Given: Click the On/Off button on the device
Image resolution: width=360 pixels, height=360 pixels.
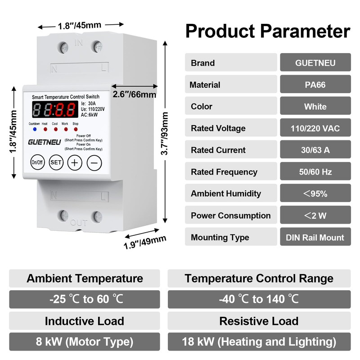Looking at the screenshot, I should [x=36, y=162].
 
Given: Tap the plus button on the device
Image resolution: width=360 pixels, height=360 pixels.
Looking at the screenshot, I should [x=74, y=162].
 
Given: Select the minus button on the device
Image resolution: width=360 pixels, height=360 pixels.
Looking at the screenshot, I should [x=94, y=162].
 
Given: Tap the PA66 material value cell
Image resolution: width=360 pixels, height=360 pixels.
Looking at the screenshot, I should [x=315, y=85].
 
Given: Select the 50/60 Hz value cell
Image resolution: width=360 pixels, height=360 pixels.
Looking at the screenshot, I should [x=315, y=172].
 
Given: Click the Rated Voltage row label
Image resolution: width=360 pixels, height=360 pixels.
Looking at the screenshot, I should [x=218, y=128].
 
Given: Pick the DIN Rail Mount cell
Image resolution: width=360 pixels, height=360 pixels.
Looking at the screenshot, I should [x=315, y=237].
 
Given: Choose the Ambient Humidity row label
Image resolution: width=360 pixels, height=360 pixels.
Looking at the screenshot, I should [x=226, y=193].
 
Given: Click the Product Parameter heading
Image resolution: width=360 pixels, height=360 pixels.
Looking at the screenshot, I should [x=268, y=31].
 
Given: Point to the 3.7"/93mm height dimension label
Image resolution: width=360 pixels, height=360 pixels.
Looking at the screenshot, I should [x=165, y=134].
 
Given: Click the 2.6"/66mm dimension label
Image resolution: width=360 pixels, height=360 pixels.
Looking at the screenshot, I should [x=135, y=94].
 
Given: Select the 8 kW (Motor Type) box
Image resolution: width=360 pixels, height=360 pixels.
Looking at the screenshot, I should [x=85, y=342].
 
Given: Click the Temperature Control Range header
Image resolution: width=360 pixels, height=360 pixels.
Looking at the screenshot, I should [x=259, y=279].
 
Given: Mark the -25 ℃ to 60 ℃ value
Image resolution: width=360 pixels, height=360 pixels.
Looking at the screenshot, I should [x=85, y=299].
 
